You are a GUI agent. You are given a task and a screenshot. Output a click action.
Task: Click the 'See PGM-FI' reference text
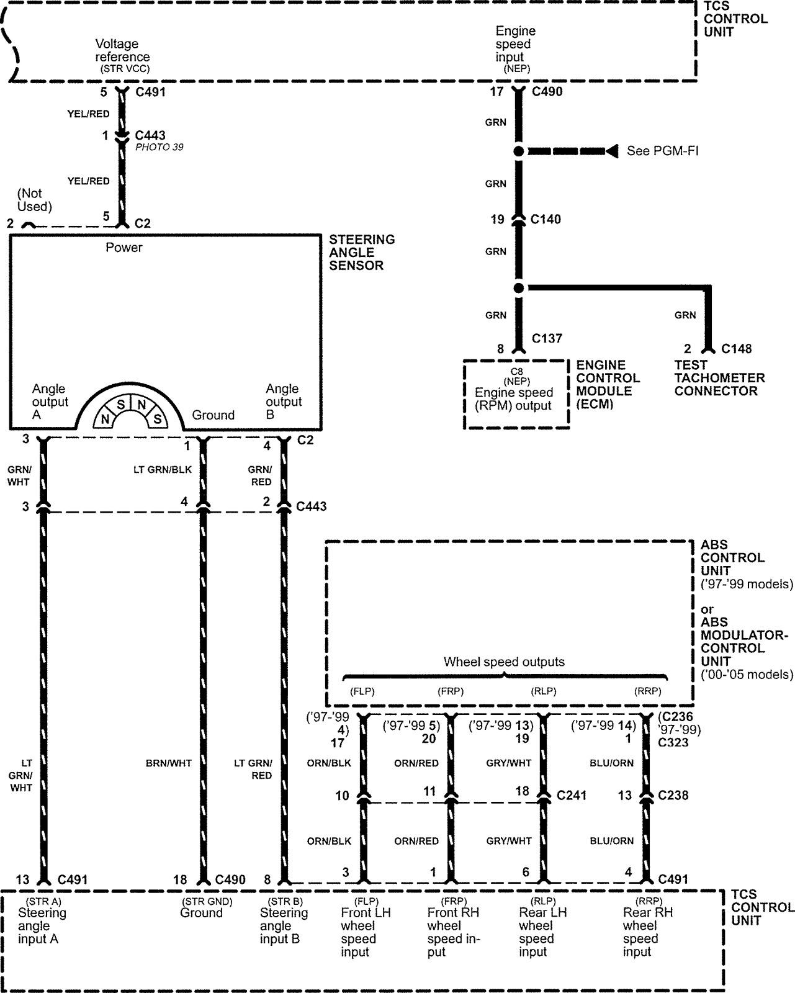662,151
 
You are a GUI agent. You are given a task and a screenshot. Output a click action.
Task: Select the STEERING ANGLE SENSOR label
361,253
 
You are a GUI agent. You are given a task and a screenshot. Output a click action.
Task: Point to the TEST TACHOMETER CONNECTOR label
719,378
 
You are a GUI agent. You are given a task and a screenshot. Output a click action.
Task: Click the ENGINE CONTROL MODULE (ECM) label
608,384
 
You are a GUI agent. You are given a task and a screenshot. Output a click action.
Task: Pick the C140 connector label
546,219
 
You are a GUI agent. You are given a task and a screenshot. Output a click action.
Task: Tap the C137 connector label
547,338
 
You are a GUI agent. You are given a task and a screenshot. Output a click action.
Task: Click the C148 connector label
736,349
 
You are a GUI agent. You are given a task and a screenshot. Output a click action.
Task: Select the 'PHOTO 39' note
159,148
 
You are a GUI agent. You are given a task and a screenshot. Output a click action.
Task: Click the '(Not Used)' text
34,200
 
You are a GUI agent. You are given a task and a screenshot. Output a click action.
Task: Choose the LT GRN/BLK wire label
163,469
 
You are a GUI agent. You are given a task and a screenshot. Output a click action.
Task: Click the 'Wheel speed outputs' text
504,662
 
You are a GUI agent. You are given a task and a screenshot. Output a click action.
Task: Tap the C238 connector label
673,795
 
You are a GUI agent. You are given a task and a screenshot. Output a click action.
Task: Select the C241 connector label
572,795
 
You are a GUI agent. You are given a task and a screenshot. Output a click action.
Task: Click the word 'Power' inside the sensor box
124,248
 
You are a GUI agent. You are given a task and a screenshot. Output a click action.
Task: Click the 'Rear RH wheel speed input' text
647,932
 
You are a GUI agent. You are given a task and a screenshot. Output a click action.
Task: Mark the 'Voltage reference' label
122,50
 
